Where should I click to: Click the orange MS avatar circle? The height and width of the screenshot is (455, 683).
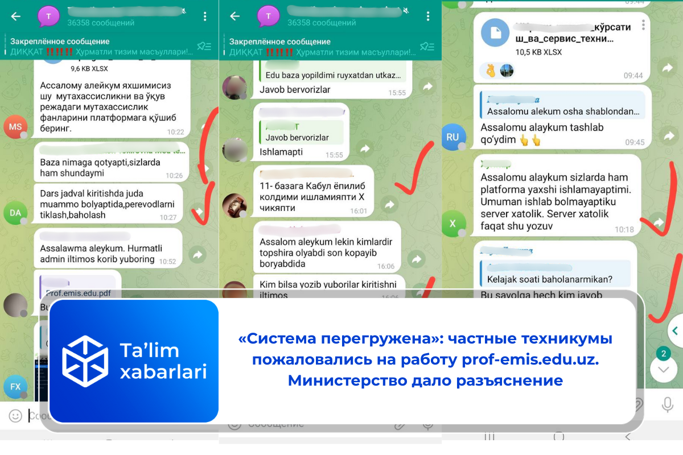[x=15, y=127]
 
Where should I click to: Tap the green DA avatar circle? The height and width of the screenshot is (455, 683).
[x=15, y=213]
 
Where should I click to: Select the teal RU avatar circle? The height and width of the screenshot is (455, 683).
[x=453, y=137]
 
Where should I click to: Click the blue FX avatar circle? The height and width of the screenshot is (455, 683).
[x=15, y=387]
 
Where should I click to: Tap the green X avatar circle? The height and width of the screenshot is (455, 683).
[x=453, y=224]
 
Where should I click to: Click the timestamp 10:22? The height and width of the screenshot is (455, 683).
[x=175, y=132]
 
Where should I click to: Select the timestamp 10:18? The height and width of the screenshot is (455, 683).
[x=624, y=230]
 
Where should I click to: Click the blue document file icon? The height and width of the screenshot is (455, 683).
[x=495, y=33]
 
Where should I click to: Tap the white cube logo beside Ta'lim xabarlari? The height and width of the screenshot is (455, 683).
[x=85, y=362]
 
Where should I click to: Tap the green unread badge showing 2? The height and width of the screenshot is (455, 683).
[x=663, y=354]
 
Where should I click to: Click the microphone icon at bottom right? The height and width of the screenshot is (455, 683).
[x=667, y=404]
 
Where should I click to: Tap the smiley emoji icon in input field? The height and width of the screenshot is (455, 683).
[x=15, y=416]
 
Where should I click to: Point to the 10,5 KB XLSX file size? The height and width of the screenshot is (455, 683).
[x=538, y=52]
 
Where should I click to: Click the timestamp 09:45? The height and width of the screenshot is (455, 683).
[x=635, y=143]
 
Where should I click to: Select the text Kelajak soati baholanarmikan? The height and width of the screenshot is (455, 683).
[x=549, y=279]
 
